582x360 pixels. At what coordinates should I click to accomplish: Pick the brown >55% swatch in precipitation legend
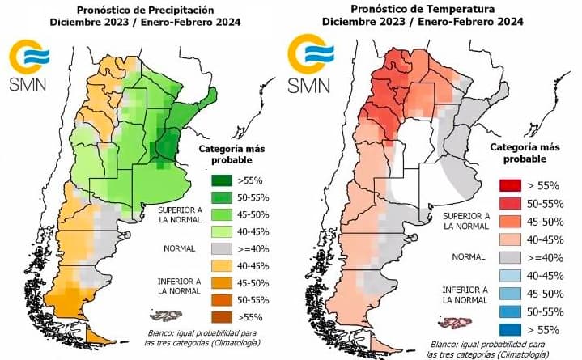[x=208, y=315]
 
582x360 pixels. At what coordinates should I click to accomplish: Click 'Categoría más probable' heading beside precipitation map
[x=229, y=155]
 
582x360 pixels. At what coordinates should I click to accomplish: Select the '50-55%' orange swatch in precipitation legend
[x=208, y=299]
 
